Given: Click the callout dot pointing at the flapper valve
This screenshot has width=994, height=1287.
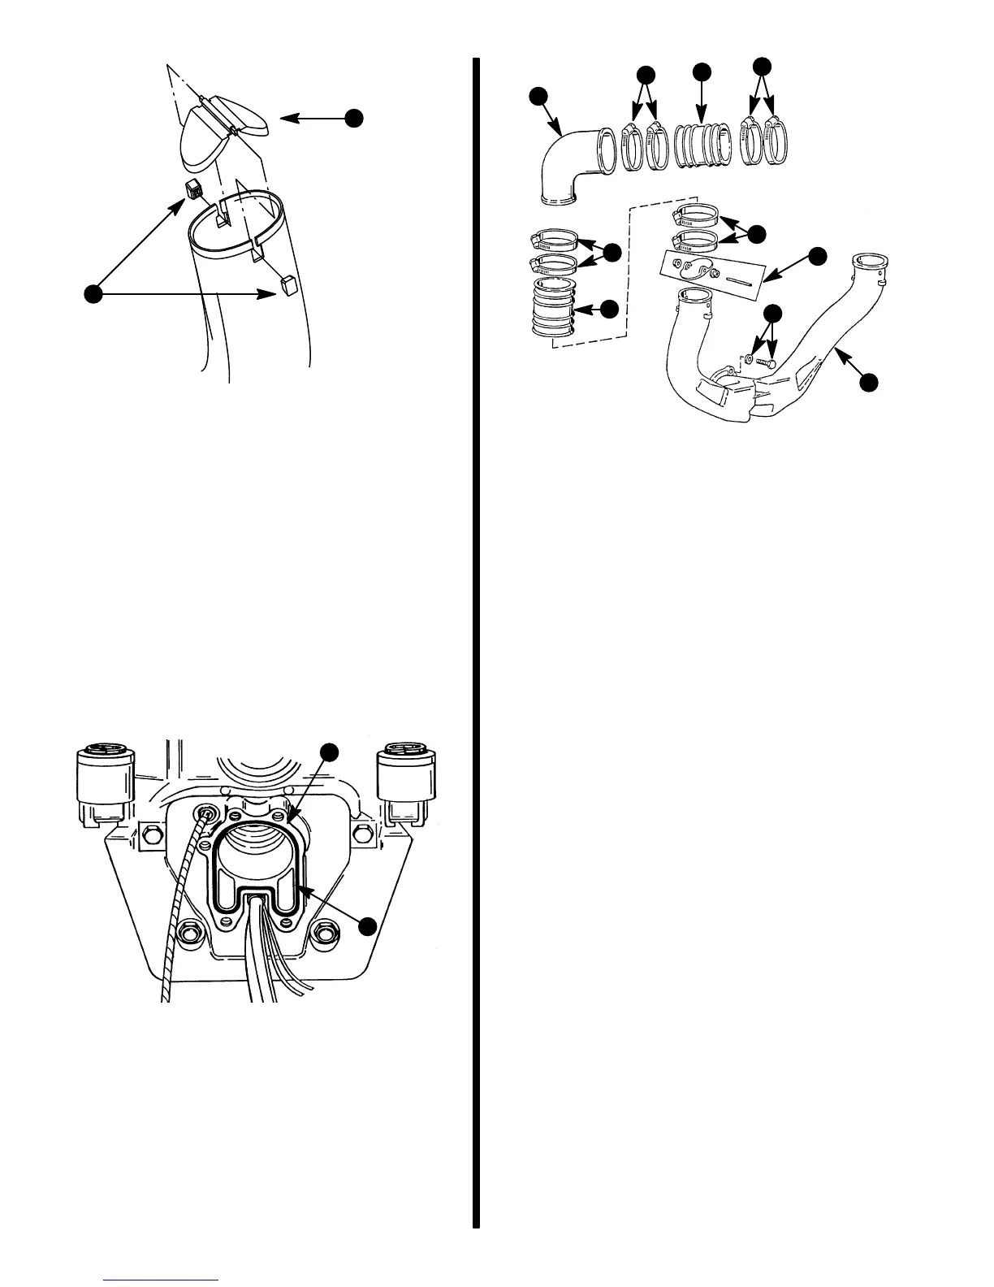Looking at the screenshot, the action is [x=353, y=119].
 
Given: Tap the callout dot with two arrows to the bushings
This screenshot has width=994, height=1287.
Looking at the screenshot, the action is [x=94, y=294].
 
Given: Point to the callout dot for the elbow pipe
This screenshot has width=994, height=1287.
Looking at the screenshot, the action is [x=538, y=97].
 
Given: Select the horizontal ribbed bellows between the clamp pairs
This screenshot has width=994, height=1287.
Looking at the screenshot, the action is [x=703, y=146].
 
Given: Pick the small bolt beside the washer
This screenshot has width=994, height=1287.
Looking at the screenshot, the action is [x=767, y=362].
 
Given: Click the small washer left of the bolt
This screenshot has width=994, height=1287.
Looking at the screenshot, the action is [x=747, y=358].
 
